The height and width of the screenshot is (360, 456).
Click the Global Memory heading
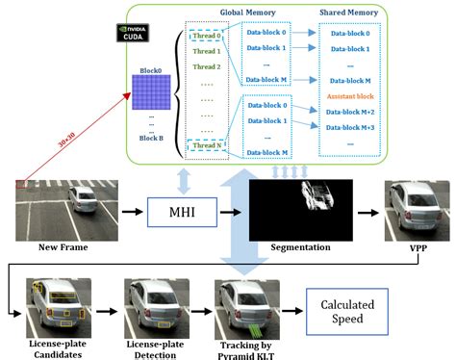(248, 14)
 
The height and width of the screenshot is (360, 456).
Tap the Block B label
(150, 138)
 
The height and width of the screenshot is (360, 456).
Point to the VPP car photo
(416, 209)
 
